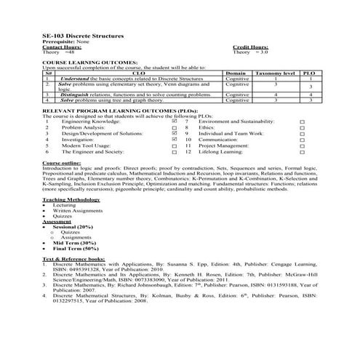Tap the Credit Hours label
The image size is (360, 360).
tap(249, 47)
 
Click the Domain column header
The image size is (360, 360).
tap(235, 73)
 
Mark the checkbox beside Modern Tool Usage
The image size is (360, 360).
tap(174, 145)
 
